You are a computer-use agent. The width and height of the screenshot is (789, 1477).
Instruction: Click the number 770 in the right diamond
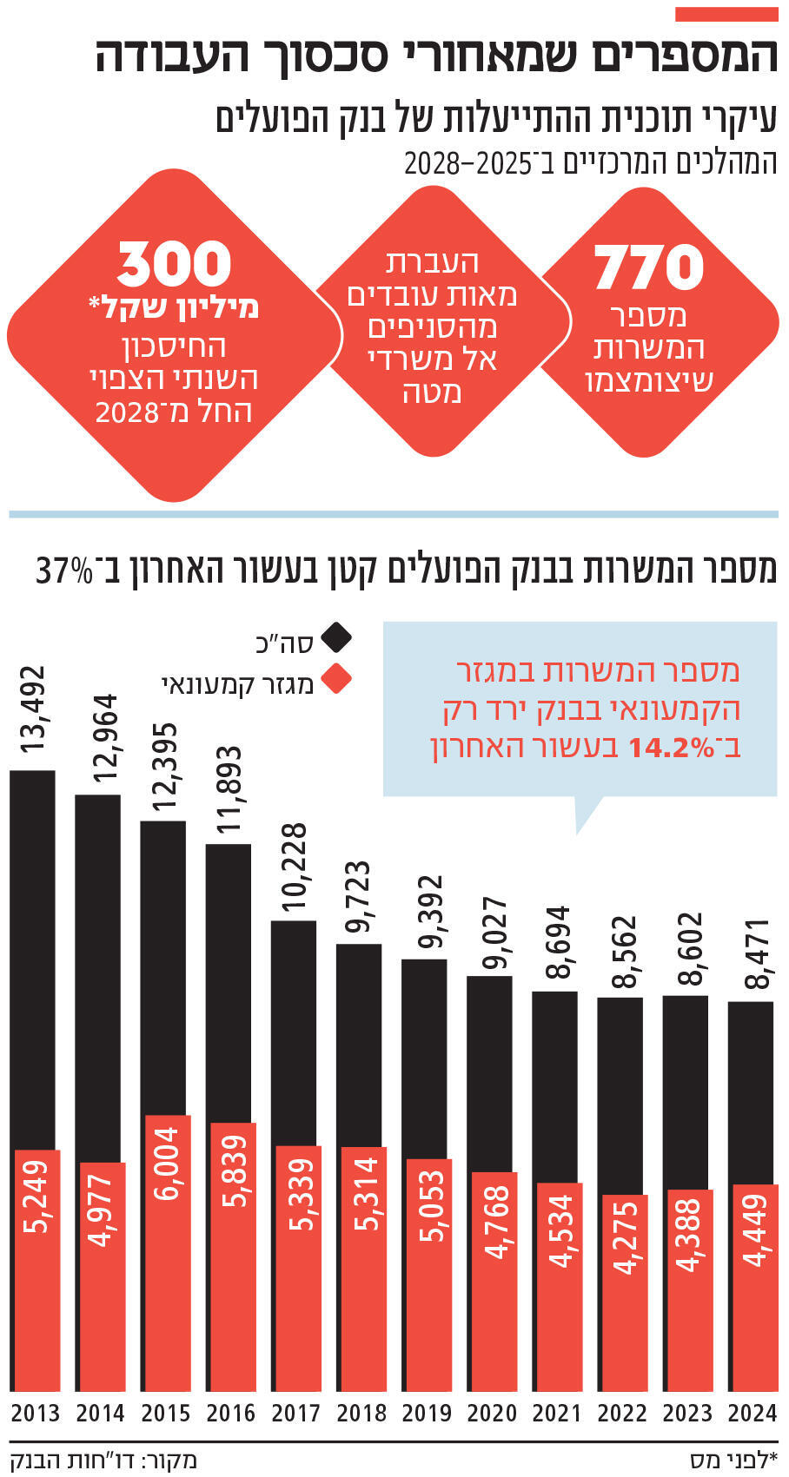(x=648, y=267)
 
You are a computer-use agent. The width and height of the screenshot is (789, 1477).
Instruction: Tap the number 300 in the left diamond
(x=175, y=264)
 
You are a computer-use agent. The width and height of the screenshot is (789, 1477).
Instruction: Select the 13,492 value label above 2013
(x=33, y=710)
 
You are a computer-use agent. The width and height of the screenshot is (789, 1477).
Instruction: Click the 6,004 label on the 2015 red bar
(x=165, y=1163)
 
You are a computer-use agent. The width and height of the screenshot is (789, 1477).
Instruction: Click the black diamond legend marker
(x=336, y=638)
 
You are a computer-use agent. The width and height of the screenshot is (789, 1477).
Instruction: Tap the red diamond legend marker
(x=336, y=680)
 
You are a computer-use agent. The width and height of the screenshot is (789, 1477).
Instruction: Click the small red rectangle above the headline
(x=726, y=14)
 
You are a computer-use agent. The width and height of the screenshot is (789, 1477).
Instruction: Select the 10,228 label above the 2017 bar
(x=295, y=868)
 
